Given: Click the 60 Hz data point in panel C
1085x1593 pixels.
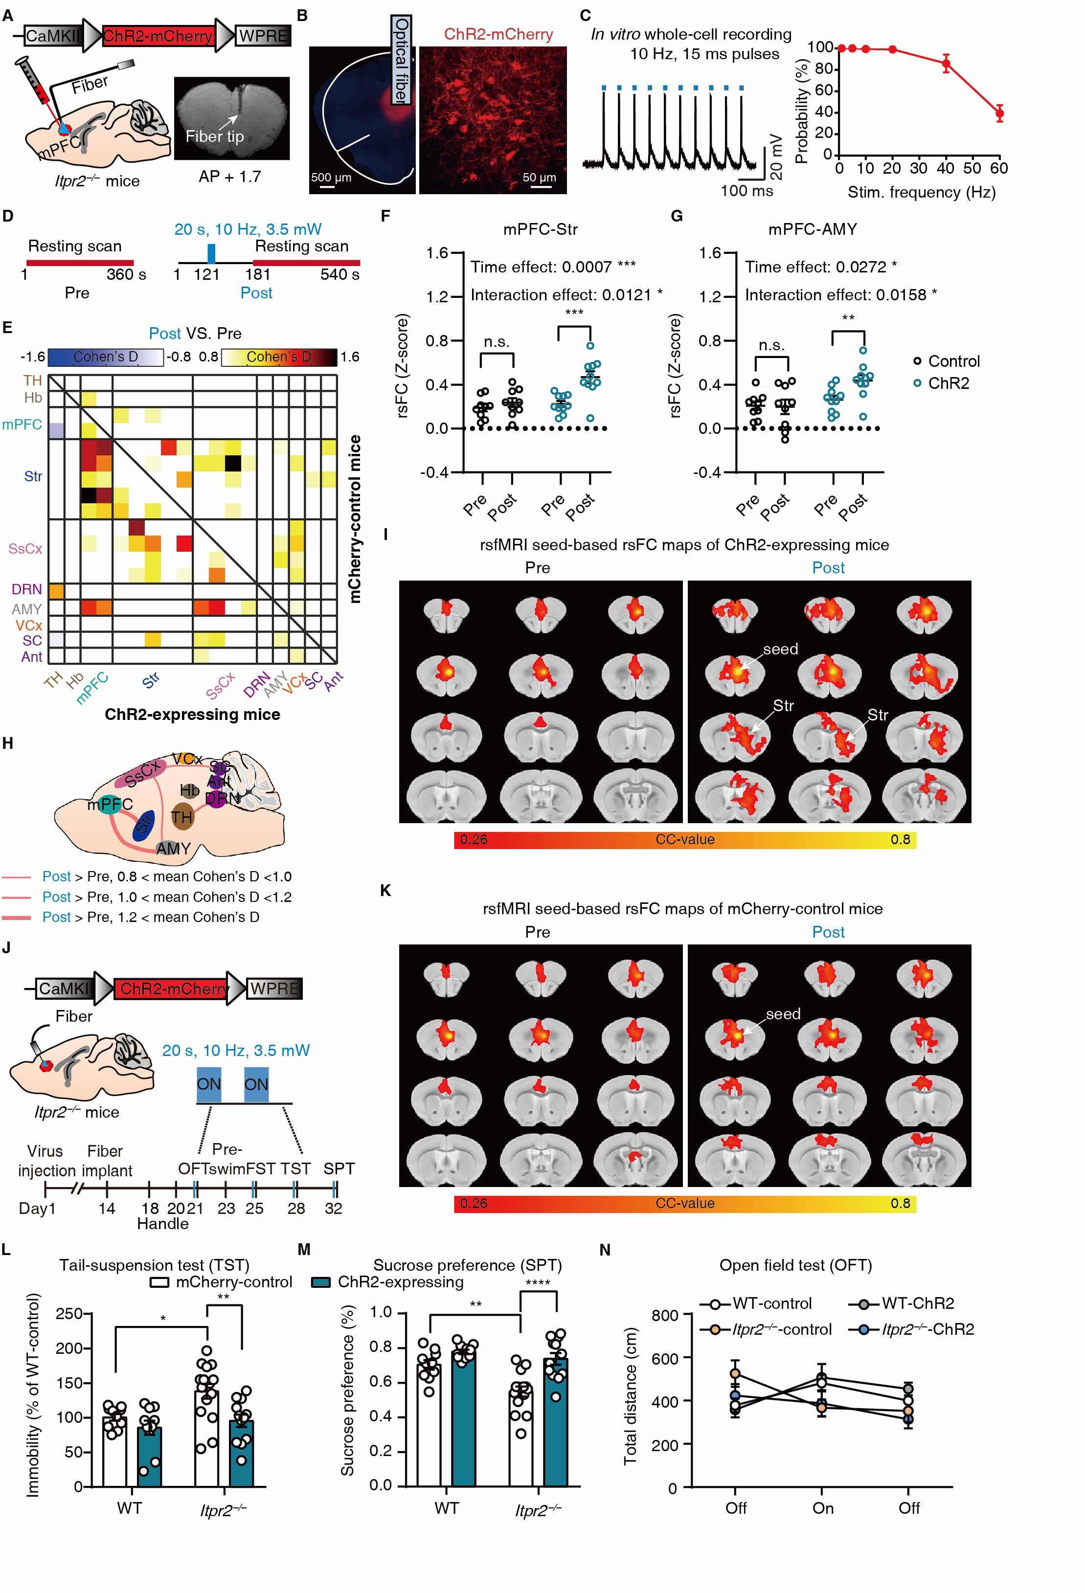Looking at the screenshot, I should [x=999, y=113].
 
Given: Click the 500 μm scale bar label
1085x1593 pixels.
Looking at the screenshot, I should [x=331, y=178].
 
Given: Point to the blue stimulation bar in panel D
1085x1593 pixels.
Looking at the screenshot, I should [x=211, y=253].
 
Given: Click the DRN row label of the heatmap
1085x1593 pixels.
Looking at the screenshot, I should [x=27, y=589].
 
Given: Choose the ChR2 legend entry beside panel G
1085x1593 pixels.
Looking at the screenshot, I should [x=948, y=383].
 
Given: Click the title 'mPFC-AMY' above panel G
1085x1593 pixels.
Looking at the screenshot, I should [x=812, y=229].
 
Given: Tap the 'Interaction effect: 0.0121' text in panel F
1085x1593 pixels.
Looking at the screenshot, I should [x=566, y=295].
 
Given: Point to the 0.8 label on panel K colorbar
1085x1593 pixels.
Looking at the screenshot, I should [x=900, y=1204].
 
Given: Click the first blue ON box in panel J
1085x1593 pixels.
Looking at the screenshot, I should [x=208, y=1084].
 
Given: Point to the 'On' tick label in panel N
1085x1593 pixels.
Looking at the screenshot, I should [x=822, y=1508].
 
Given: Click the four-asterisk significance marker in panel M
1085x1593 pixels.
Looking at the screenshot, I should [x=538, y=1282].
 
